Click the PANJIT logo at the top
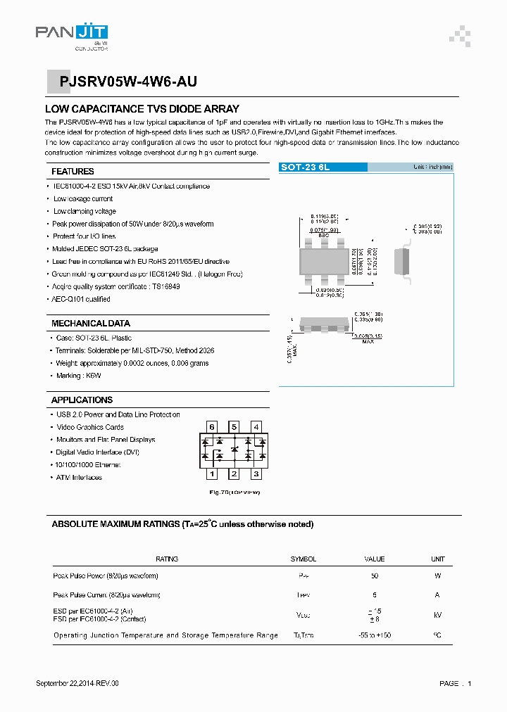click(x=72, y=36)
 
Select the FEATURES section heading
click(x=73, y=172)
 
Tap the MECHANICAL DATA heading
click(x=91, y=324)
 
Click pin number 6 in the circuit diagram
click(x=211, y=427)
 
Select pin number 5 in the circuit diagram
click(x=234, y=427)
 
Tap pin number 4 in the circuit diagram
click(x=256, y=427)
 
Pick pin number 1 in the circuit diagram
click(x=211, y=474)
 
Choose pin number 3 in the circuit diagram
click(x=256, y=474)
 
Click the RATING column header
click(x=167, y=559)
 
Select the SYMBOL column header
click(x=303, y=559)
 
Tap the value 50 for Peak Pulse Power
click(x=374, y=576)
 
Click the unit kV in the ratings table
click(x=437, y=615)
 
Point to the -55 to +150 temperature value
click(x=374, y=635)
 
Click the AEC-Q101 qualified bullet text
click(x=82, y=299)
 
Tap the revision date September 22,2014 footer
click(x=77, y=683)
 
